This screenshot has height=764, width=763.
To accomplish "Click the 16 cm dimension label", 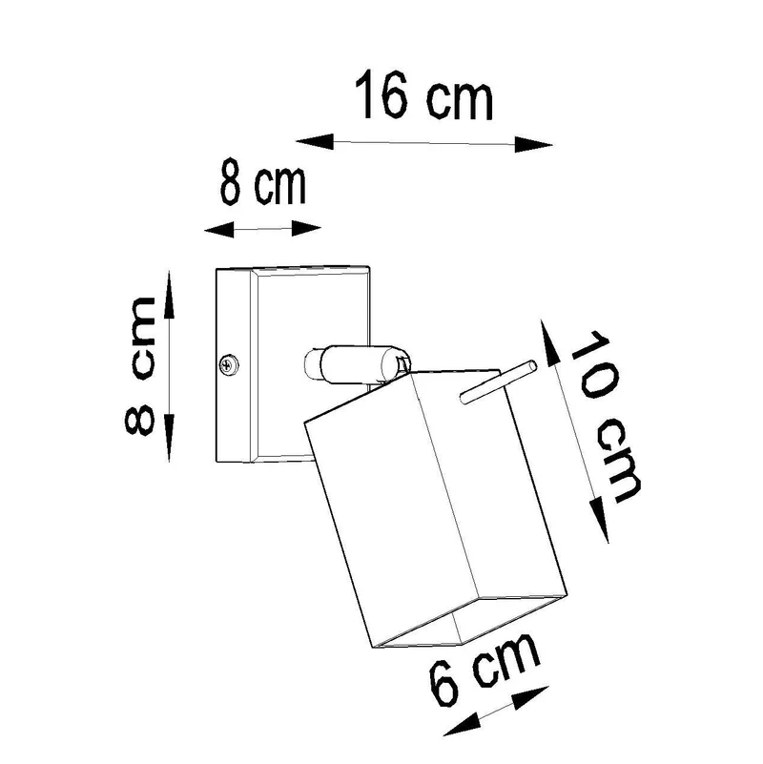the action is (x=423, y=96).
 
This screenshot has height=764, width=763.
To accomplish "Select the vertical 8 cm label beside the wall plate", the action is (x=140, y=365).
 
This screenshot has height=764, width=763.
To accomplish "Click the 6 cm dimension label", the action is (x=485, y=668).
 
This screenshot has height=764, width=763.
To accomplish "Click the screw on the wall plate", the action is (x=229, y=364).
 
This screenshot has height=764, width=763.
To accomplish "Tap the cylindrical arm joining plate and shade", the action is (x=357, y=362).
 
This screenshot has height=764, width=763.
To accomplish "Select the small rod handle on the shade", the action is (x=498, y=382).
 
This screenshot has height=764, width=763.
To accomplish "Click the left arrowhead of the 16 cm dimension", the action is (x=315, y=141).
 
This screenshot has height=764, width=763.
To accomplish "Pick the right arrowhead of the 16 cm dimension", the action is (x=533, y=144).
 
